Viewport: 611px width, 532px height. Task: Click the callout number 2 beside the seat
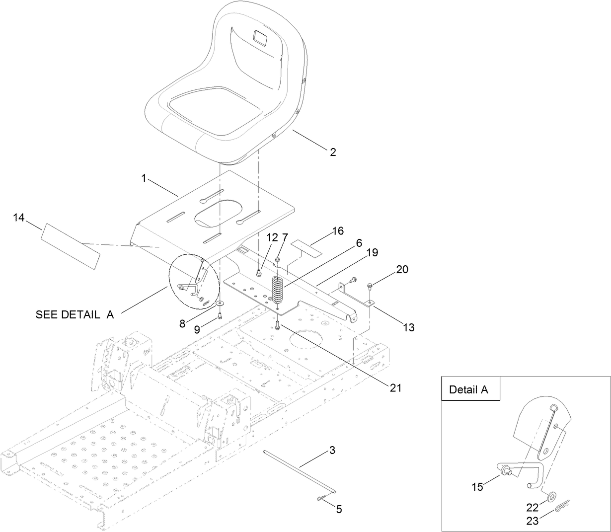332,152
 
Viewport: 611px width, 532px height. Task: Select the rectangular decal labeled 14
71,246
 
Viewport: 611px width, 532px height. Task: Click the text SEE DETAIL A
75,314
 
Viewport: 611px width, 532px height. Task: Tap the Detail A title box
468,389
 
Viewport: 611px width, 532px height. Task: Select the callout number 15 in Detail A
477,487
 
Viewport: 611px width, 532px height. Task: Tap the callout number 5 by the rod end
339,509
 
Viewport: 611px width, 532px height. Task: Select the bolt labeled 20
371,286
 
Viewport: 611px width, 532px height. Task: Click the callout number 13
409,327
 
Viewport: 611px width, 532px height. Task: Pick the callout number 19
372,252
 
